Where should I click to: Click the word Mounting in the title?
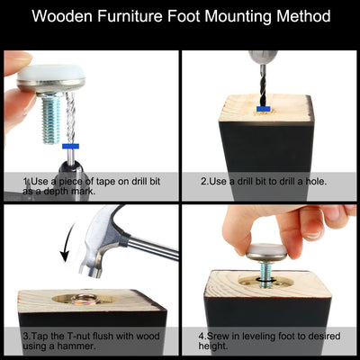click(238, 15)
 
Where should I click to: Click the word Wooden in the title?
click(62, 15)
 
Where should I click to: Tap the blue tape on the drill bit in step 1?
click(70, 147)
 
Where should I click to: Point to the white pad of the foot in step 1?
click(50, 73)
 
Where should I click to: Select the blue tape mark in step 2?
click(264, 109)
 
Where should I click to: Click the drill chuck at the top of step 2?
click(263, 58)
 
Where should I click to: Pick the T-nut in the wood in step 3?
click(85, 299)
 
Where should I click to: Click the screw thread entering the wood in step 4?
click(266, 274)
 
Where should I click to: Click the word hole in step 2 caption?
click(315, 181)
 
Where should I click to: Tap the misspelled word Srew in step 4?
click(217, 336)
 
